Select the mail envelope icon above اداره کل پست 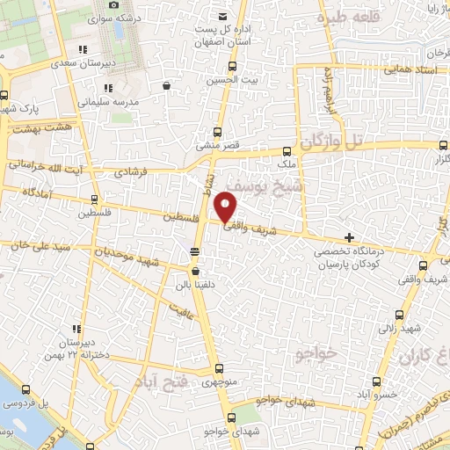223,17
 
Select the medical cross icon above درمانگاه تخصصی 350,237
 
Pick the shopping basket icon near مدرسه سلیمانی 168,86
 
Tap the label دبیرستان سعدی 77,62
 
